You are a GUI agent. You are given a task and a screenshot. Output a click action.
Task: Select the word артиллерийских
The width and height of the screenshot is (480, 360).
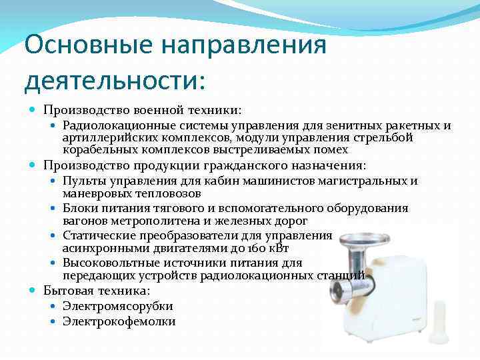[103, 137]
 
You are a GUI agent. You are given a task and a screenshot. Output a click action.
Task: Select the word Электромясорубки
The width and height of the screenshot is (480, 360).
[118, 306]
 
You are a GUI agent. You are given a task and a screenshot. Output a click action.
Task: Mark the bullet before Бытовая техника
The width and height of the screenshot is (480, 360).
[34, 291]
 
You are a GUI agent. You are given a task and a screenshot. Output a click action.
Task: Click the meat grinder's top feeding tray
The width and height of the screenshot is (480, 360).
[363, 239]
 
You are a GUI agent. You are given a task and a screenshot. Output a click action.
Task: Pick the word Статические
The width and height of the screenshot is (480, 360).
[97, 235]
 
